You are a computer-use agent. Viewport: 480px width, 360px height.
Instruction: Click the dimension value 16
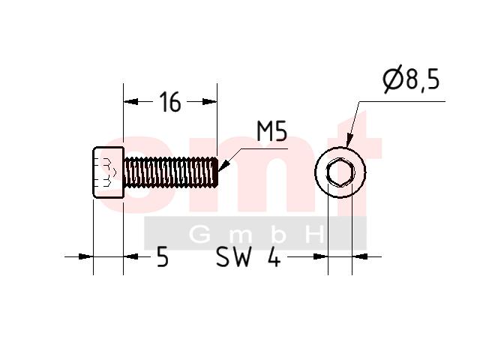pos(170,102)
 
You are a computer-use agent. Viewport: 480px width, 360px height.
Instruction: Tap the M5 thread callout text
pos(271,131)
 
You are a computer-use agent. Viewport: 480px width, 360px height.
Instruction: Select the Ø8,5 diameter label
pos(411,79)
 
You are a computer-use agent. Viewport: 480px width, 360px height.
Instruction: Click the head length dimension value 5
pos(163,256)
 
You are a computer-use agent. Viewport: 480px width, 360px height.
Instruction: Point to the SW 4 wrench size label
pos(248,256)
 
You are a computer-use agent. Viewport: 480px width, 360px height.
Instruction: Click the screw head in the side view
pos(108,172)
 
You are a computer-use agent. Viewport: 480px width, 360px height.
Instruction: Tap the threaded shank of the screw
pos(171,172)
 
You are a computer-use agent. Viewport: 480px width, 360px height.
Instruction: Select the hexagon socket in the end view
pos(340,172)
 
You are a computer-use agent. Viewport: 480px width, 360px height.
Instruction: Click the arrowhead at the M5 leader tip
pos(223,166)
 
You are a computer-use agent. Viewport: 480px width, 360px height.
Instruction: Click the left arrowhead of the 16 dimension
pos(130,102)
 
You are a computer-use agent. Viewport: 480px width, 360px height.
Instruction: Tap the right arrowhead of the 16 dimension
pos(210,102)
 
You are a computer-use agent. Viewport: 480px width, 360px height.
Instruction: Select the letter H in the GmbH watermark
pos(316,234)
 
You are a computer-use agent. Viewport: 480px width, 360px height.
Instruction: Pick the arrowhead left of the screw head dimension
pos(85,256)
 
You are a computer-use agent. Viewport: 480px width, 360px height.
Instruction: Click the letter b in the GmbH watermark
pos(278,234)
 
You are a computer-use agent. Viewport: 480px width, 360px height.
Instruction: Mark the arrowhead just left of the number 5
pos(130,256)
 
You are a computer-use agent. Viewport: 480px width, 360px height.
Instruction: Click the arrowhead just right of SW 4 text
pos(321,256)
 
